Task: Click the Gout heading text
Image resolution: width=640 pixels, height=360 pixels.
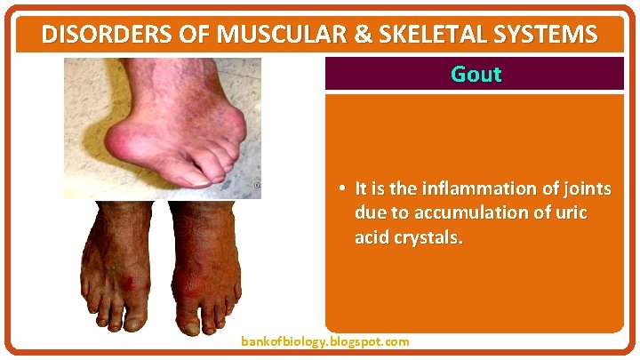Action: click(x=476, y=74)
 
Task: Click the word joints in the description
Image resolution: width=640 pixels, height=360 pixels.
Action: click(x=587, y=188)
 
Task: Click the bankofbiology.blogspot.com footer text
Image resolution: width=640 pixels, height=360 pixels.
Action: click(x=325, y=341)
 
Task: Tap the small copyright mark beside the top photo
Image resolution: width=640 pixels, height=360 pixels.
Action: click(x=257, y=186)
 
